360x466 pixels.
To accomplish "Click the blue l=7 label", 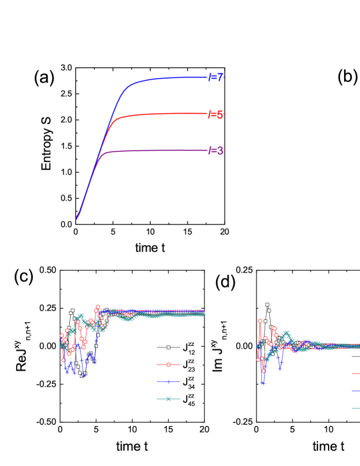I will tap(215, 77).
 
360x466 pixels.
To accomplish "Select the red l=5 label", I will tap(215, 115).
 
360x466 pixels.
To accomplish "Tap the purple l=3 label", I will tap(215, 151).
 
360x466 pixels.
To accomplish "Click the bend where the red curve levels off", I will tap(116, 121).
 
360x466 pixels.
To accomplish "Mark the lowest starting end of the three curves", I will tap(76, 219).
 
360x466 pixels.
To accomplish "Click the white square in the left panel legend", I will tap(169, 347).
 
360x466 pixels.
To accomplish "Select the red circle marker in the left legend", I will tap(169, 365).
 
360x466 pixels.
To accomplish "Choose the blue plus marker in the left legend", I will tap(169, 382).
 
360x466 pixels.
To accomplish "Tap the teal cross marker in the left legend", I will tap(169, 399).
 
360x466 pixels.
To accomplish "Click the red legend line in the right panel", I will tap(355, 374).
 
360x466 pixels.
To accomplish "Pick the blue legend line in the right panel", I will tap(355, 391).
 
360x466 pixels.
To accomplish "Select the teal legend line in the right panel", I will tap(355, 408).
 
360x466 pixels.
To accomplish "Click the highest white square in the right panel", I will tap(267, 305).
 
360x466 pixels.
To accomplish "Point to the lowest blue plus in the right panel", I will tap(263, 383).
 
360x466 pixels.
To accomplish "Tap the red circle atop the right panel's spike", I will tap(260, 321).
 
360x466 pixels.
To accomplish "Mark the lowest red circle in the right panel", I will tap(263, 371).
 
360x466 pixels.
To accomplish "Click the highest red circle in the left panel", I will tap(98, 307).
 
